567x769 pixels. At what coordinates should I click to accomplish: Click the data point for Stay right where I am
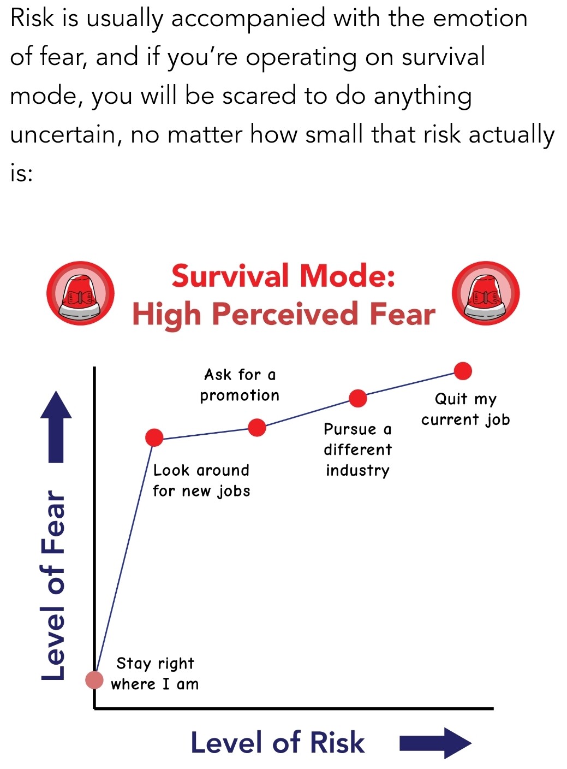click(x=94, y=679)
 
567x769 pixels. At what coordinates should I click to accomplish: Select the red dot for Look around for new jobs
click(x=154, y=437)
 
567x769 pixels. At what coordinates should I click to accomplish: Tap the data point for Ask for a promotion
click(x=257, y=427)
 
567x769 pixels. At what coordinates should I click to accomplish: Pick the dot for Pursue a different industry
click(x=357, y=398)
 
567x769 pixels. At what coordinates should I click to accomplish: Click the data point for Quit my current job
click(x=463, y=371)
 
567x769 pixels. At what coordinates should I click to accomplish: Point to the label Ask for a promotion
click(x=240, y=385)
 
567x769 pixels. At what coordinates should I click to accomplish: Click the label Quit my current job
click(x=465, y=410)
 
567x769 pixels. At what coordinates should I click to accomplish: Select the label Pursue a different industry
click(x=357, y=450)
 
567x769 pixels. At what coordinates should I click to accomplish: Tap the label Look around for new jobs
click(x=201, y=481)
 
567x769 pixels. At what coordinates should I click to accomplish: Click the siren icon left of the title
click(x=80, y=293)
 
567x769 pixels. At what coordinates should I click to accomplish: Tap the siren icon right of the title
click(x=486, y=293)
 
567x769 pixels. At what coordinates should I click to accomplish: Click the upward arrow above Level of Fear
click(x=56, y=427)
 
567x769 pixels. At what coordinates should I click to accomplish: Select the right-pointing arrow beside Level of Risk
click(x=435, y=743)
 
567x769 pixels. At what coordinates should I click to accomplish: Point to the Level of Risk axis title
click(x=278, y=742)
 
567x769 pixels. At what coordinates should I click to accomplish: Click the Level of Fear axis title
click(x=53, y=585)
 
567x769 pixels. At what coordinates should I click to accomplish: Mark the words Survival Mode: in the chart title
click(x=283, y=276)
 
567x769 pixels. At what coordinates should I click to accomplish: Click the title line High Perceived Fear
click(x=284, y=315)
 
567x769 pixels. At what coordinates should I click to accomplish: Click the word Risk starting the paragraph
click(x=32, y=18)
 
